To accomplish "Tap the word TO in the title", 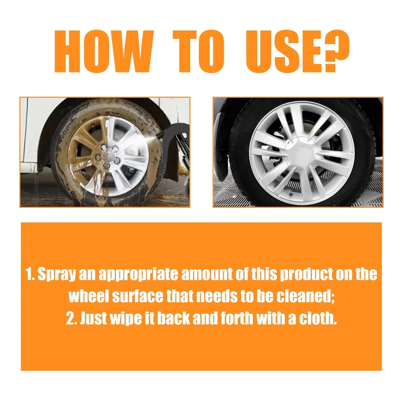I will click(x=198, y=52).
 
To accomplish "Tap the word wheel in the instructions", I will click(x=89, y=296).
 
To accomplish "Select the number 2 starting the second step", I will click(x=70, y=318).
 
